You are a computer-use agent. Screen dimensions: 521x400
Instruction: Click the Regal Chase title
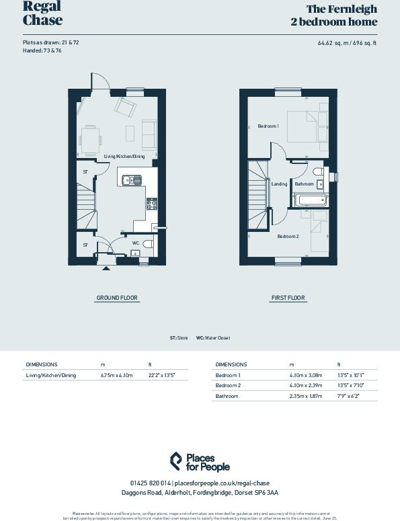coord(42,13)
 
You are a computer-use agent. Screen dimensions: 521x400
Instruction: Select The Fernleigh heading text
coord(342,9)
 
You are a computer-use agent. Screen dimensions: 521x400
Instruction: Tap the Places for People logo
coord(200,462)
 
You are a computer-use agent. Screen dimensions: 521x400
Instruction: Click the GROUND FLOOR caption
coord(118,297)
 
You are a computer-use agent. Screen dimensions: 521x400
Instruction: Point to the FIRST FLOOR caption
coord(288,297)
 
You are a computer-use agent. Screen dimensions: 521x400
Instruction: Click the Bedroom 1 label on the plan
coord(268,126)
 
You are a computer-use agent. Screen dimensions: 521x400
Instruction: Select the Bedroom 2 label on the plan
coord(288,236)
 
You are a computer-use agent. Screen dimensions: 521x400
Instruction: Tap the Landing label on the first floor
coord(279,184)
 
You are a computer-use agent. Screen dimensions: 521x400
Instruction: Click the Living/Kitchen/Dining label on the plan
coord(124,156)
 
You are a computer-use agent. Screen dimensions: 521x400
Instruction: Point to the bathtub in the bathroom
coord(311,200)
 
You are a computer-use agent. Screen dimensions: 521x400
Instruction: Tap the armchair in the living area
coord(126,108)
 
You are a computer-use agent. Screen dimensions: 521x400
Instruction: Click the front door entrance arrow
coord(105,268)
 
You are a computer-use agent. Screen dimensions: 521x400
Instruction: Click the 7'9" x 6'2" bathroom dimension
coord(349,396)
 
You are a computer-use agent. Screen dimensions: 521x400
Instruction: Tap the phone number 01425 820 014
coord(150,483)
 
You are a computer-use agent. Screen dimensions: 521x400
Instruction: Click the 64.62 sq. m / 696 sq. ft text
coord(348,43)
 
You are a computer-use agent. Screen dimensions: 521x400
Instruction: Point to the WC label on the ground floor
coord(135,243)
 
